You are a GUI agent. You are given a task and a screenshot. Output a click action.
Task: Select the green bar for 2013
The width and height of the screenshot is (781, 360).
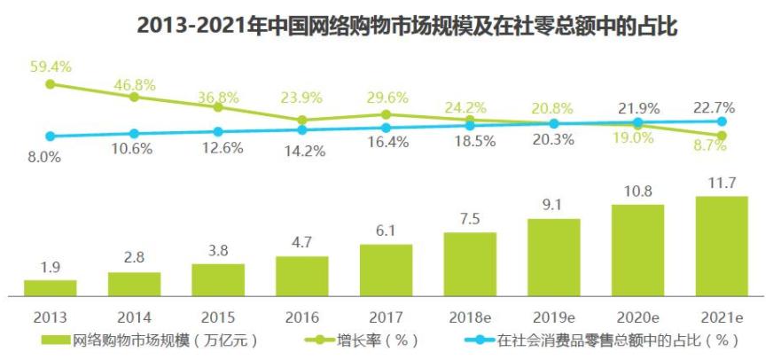click(x=50, y=287)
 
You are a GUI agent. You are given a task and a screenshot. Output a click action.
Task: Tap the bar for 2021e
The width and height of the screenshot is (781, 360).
click(x=722, y=246)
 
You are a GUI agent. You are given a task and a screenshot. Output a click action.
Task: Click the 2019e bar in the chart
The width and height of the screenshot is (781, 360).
click(x=554, y=257)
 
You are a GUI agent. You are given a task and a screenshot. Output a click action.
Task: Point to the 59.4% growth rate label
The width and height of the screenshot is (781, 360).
click(x=50, y=66)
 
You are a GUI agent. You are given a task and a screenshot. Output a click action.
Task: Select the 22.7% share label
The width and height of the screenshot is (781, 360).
click(x=715, y=107)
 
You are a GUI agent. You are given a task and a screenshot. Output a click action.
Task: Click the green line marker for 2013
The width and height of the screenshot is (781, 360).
click(x=51, y=84)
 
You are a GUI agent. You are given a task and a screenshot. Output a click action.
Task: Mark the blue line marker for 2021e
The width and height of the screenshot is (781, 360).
click(x=722, y=121)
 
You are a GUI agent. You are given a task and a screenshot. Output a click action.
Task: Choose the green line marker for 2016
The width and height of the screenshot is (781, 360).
click(x=302, y=120)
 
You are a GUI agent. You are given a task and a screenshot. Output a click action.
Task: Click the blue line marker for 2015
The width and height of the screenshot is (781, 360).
click(x=218, y=132)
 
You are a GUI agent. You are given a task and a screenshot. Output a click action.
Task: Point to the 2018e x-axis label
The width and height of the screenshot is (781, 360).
click(x=470, y=316)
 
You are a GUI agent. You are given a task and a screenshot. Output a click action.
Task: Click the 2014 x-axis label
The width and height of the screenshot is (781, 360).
click(x=134, y=316)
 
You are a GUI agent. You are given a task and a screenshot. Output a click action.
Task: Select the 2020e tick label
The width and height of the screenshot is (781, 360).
click(x=637, y=316)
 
